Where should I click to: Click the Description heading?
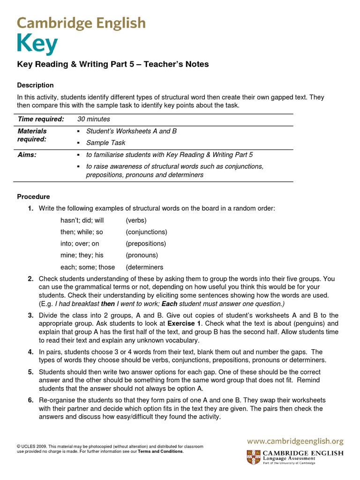(x=35, y=85)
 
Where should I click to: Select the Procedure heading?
(x=33, y=196)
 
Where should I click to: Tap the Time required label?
(x=40, y=120)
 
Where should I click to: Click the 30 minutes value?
(x=93, y=120)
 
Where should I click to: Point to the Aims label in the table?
(x=27, y=155)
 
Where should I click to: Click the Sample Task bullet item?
(x=105, y=142)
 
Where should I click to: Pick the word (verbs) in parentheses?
(x=136, y=220)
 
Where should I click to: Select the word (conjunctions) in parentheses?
(x=146, y=232)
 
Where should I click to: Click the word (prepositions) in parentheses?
(x=146, y=244)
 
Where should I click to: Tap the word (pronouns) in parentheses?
(x=142, y=255)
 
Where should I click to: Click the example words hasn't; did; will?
(x=82, y=220)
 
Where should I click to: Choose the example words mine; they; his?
(x=82, y=255)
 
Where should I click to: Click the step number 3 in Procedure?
(x=30, y=315)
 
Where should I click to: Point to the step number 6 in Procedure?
(x=30, y=400)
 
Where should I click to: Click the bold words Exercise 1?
(x=184, y=323)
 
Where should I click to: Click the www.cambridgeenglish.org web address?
(x=295, y=441)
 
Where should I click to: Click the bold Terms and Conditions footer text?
(x=160, y=452)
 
